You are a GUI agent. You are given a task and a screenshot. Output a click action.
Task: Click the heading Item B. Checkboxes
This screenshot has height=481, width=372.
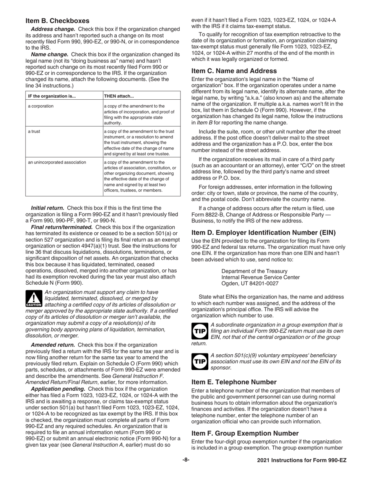[58, 21]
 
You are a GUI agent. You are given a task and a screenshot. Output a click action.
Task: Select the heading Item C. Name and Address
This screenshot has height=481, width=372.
[234, 71]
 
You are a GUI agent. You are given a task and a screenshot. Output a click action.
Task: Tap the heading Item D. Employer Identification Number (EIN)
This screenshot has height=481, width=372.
[263, 232]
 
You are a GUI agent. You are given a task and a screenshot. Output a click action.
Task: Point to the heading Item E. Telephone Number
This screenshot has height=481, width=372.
[234, 382]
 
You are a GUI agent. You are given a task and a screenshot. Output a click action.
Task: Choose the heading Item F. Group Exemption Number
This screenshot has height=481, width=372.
[245, 433]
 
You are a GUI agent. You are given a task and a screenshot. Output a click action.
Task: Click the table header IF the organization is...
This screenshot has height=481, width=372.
[52, 96]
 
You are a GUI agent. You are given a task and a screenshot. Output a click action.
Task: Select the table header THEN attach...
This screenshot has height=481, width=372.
[119, 96]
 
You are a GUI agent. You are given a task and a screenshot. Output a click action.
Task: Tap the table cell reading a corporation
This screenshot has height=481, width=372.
[41, 106]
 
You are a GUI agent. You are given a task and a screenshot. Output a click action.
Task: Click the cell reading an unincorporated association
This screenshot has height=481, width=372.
[57, 162]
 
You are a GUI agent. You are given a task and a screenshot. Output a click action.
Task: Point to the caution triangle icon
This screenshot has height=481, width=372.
[33, 298]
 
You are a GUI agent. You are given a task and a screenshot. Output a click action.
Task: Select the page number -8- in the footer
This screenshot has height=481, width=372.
[186, 460]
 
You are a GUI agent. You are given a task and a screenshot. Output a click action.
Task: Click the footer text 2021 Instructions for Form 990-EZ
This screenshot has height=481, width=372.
[302, 461]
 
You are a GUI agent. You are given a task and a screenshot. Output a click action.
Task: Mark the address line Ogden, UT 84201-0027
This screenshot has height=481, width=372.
[250, 283]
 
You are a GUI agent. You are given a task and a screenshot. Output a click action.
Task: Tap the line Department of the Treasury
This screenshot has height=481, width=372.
[254, 271]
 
